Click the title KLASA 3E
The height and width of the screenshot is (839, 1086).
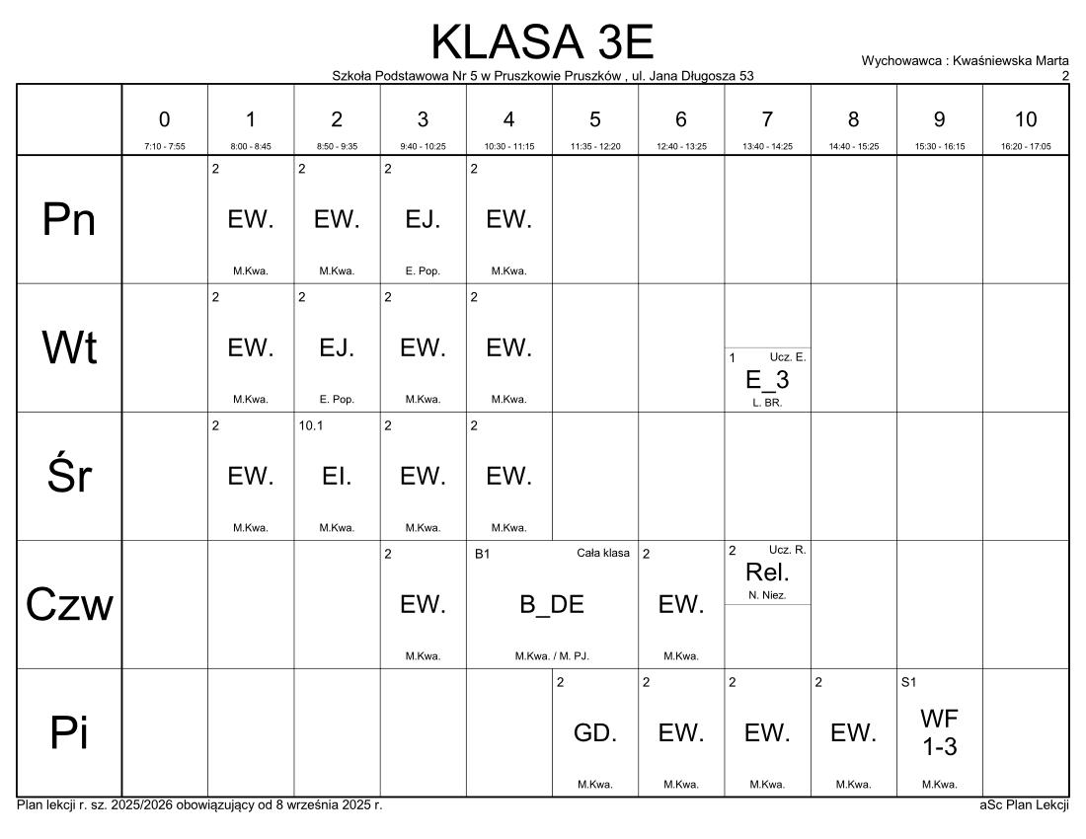[x=543, y=41]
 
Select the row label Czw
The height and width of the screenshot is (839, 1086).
[x=69, y=605]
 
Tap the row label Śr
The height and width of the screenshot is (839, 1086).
[x=69, y=477]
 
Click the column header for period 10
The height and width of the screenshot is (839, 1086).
[x=1025, y=119]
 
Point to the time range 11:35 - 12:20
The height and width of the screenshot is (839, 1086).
[x=594, y=146]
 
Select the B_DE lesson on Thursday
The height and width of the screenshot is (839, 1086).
[x=552, y=605]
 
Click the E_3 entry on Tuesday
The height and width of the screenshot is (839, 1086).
[x=767, y=379]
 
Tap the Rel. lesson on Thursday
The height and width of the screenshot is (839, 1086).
[x=767, y=572]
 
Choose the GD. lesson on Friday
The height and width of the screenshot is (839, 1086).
[x=594, y=732]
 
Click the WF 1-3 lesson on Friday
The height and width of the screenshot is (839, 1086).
[x=939, y=732]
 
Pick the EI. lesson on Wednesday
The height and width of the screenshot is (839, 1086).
[x=337, y=476]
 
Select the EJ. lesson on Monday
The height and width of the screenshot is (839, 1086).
[x=423, y=220]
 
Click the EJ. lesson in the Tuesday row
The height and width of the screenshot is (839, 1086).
[x=337, y=347]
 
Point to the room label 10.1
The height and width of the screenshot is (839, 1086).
[x=310, y=425]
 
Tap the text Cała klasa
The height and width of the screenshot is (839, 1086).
[x=602, y=554]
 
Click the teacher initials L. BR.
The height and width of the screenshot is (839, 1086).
[x=767, y=402]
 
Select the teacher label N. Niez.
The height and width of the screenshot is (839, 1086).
[x=767, y=595]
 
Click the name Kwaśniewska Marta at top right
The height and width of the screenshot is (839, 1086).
[x=1011, y=60]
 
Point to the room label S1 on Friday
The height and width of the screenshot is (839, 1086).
[x=909, y=682]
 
